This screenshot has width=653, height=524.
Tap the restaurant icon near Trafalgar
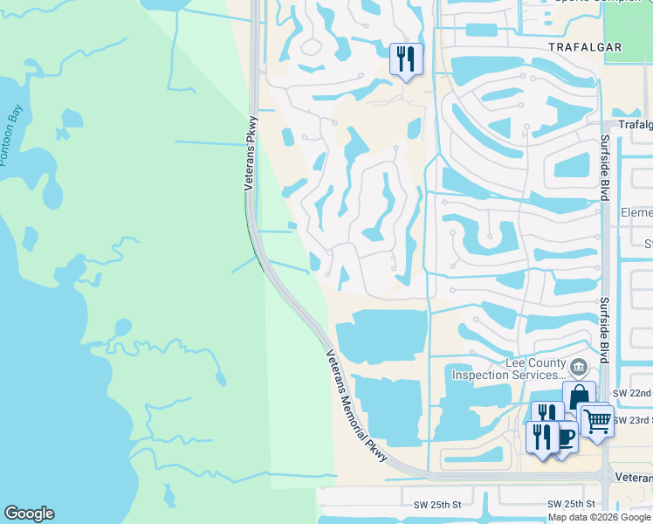[406, 59]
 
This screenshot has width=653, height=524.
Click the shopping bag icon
[579, 397]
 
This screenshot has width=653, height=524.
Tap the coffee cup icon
[564, 434]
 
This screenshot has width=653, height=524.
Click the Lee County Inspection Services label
[504, 369]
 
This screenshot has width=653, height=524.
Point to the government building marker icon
[578, 364]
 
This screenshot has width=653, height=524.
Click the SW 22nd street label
[632, 394]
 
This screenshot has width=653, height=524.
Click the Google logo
[29, 514]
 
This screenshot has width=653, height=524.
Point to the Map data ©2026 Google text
[600, 517]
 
